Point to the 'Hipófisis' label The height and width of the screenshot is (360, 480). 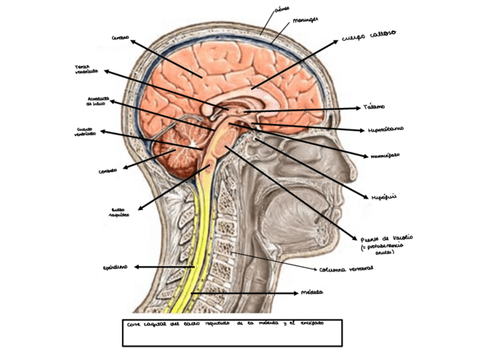[x=384, y=196]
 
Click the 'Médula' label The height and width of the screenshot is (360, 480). [x=312, y=293]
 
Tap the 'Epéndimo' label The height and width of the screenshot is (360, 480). [x=115, y=267]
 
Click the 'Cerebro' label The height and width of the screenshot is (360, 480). [x=120, y=37]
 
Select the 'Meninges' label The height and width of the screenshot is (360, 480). [x=305, y=20]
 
